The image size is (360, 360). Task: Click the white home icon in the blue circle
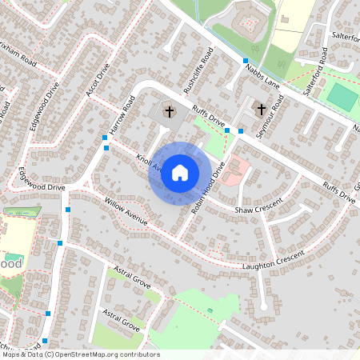click(x=180, y=172)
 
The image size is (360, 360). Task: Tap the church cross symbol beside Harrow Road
click(x=169, y=111)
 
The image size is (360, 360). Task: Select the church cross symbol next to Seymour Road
click(x=261, y=109)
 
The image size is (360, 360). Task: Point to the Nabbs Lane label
click(x=262, y=75)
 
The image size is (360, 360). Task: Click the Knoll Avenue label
click(x=150, y=164)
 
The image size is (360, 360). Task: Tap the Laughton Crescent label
click(x=269, y=262)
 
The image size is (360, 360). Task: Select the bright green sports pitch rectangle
click(x=342, y=98)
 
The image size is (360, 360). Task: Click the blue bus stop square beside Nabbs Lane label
click(x=245, y=61)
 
